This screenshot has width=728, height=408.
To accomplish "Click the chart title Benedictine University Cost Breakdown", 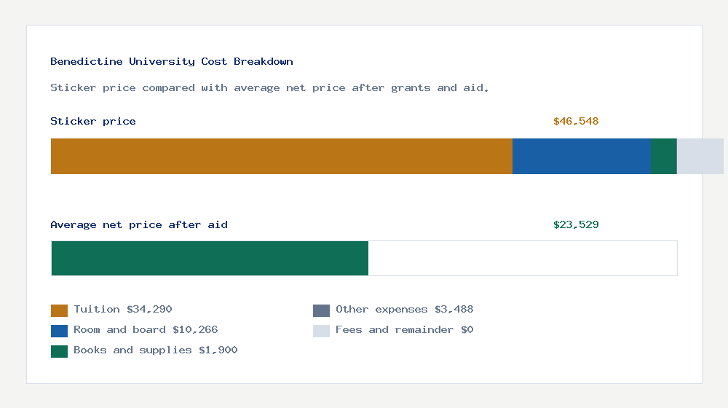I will (x=172, y=62).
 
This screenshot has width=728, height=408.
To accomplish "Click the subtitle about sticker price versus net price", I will (x=269, y=88).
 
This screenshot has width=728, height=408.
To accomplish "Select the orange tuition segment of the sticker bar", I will (x=281, y=156).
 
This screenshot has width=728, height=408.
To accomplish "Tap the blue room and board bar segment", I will (x=581, y=156).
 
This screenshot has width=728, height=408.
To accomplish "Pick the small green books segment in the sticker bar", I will (x=663, y=156).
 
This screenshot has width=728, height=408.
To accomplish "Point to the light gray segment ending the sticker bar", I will (x=700, y=156).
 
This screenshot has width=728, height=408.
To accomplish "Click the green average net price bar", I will (x=210, y=258).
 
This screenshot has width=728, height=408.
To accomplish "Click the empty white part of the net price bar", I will (x=522, y=258).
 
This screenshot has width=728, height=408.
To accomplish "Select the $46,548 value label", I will (x=576, y=122).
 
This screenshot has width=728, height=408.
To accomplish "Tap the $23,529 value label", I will (x=576, y=225).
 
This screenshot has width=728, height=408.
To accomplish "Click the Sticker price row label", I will (x=93, y=122).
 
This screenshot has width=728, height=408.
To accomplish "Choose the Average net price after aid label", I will (x=139, y=225).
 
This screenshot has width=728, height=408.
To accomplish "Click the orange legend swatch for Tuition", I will (x=59, y=310).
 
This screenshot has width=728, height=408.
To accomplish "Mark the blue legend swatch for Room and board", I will (x=59, y=331).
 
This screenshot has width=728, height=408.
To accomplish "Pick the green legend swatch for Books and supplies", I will (x=59, y=351).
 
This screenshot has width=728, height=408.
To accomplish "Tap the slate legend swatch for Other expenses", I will (x=321, y=310).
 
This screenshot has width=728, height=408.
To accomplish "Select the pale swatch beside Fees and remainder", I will (x=321, y=331).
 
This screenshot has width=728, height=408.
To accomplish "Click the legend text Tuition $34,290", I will (x=123, y=310).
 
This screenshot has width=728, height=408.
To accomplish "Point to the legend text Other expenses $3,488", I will (x=404, y=310).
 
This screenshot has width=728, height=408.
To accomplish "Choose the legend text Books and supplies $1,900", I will (x=156, y=350).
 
